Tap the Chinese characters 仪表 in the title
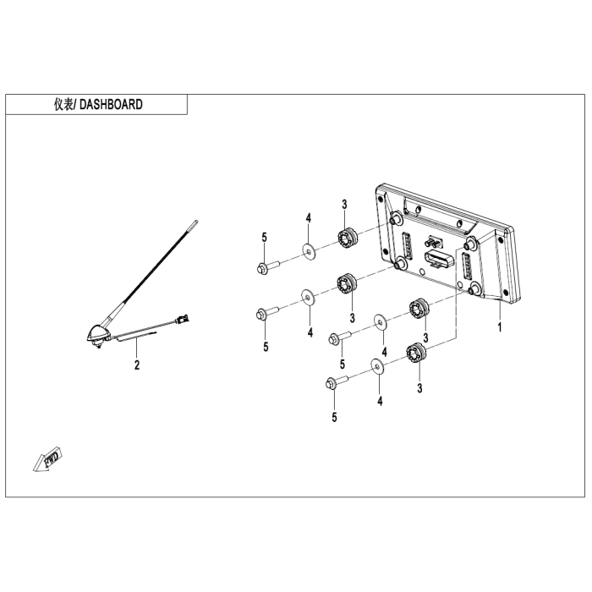pyautogui.click(x=63, y=105)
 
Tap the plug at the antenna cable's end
pyautogui.click(x=181, y=320)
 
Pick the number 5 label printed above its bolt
pyautogui.click(x=264, y=238)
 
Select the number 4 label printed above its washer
pyautogui.click(x=309, y=219)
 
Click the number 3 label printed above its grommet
pyautogui.click(x=344, y=204)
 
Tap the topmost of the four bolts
pyautogui.click(x=264, y=269)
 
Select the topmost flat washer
pyautogui.click(x=309, y=250)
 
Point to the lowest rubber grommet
pyautogui.click(x=415, y=354)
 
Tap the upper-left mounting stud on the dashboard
pyautogui.click(x=394, y=217)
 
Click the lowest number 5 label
pyautogui.click(x=334, y=417)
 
